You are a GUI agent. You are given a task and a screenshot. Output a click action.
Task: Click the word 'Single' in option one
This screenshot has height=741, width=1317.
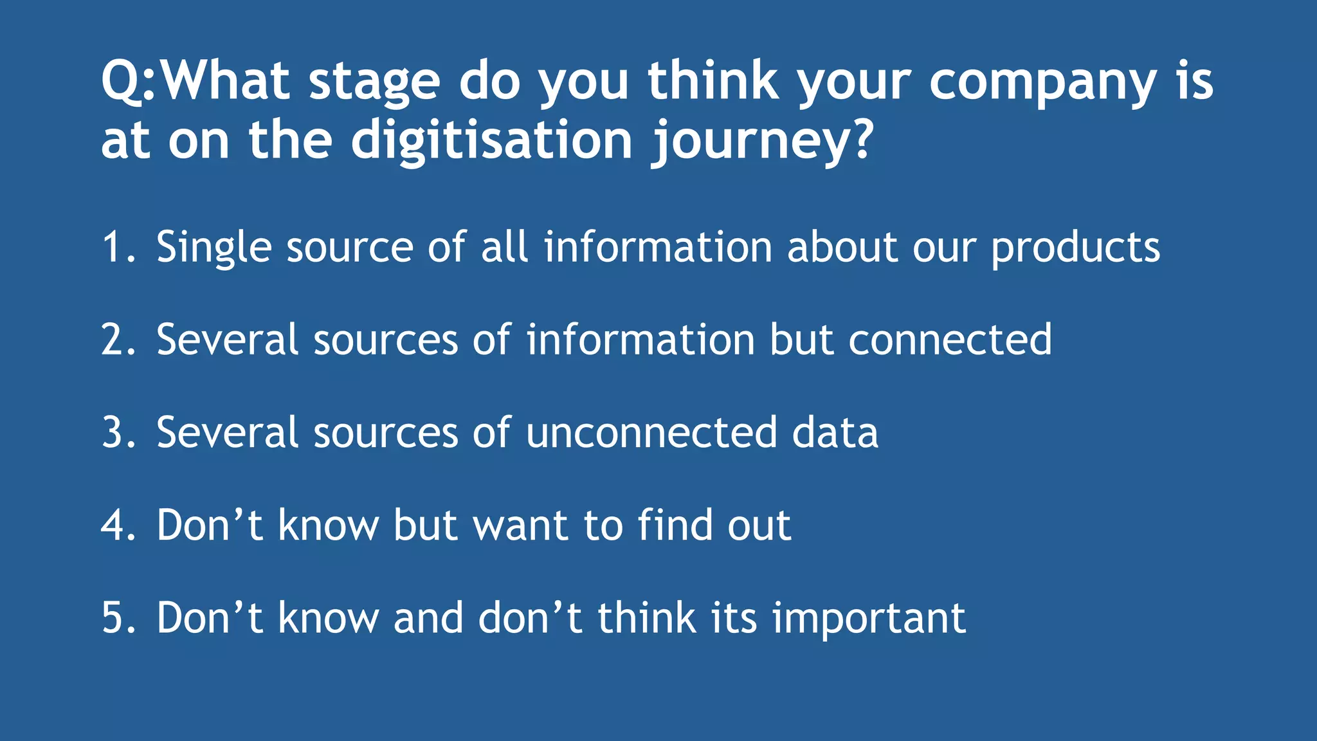pyautogui.click(x=213, y=248)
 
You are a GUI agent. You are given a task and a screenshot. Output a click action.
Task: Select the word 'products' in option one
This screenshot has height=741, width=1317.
pyautogui.click(x=1075, y=248)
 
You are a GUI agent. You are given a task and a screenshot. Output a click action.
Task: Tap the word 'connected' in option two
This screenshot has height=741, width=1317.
pyautogui.click(x=950, y=340)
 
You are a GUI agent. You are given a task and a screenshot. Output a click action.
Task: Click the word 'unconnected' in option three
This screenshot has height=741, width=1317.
pyautogui.click(x=651, y=432)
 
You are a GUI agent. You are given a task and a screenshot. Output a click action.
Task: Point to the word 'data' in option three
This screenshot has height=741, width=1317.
pyautogui.click(x=835, y=432)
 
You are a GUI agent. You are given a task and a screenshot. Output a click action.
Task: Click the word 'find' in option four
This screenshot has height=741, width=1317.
pyautogui.click(x=675, y=526)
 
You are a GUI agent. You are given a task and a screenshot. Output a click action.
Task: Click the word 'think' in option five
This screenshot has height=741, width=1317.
pyautogui.click(x=646, y=618)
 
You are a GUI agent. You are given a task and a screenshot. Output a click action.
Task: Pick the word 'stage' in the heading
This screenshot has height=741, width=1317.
pyautogui.click(x=374, y=84)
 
